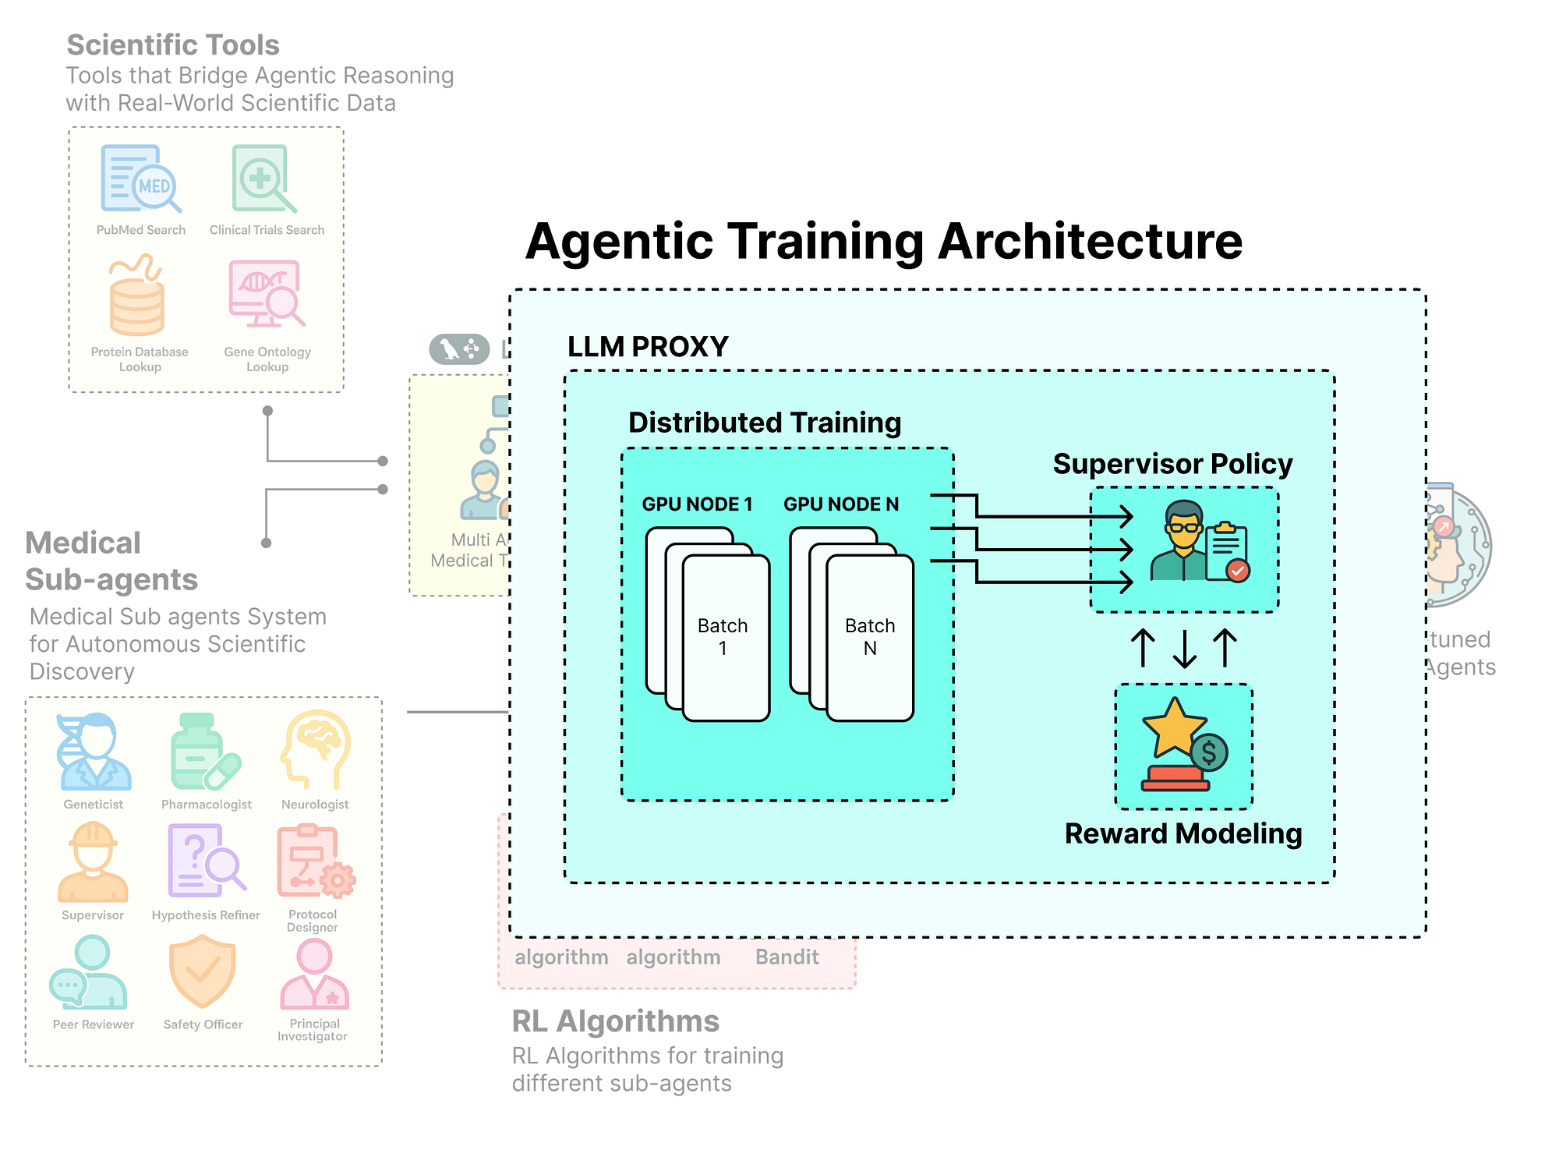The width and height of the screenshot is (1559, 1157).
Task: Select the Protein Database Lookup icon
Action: point(137,298)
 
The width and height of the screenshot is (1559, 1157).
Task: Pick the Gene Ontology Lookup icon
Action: point(266,295)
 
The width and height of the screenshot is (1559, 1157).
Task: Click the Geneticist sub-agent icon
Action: point(94,752)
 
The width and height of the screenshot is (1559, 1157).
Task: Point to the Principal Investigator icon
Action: point(314,974)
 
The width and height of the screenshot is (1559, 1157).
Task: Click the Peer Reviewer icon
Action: point(89,975)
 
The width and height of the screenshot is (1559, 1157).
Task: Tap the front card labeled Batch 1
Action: point(726,638)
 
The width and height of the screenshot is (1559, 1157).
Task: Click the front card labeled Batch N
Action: point(870,638)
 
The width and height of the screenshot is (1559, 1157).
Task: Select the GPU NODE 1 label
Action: point(697,504)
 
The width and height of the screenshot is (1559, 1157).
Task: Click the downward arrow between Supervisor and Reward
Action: point(1185,649)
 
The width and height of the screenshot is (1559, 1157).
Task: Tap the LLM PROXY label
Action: point(648,347)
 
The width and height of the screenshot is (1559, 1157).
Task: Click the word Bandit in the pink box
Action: point(787,957)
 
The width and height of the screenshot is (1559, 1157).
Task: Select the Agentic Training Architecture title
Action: point(884,241)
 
